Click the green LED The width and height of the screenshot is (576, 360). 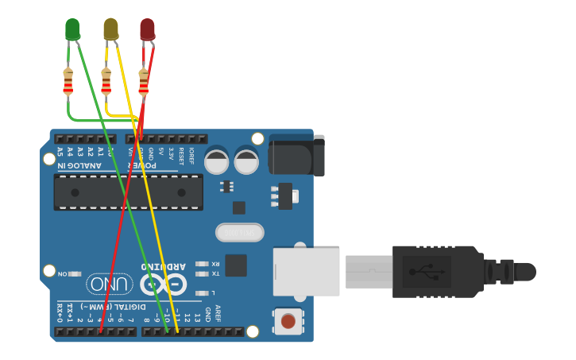click(x=72, y=29)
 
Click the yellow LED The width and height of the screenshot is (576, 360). click(x=110, y=29)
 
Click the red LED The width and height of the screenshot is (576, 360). click(x=147, y=29)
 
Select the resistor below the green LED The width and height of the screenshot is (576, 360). click(x=68, y=81)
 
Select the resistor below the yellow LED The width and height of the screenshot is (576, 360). click(x=106, y=81)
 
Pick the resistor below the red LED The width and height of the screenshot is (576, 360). click(x=144, y=81)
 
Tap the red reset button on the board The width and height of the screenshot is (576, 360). click(x=288, y=321)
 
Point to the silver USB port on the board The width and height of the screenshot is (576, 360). click(x=307, y=272)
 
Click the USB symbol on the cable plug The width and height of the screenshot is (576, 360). click(x=427, y=272)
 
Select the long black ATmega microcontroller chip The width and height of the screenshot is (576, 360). click(x=128, y=192)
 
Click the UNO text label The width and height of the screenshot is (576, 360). click(x=110, y=284)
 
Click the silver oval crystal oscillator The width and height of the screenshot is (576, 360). click(x=239, y=232)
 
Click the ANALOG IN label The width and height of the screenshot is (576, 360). click(x=79, y=165)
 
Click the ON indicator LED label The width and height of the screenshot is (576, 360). click(x=63, y=273)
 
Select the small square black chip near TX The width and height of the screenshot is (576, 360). click(x=235, y=265)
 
